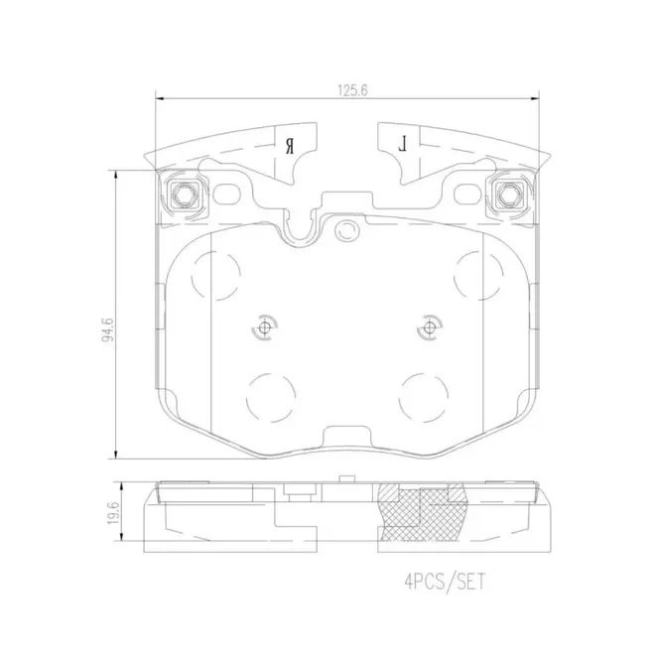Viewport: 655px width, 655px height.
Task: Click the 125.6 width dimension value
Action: click(x=352, y=90)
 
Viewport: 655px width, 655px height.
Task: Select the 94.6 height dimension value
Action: click(x=107, y=330)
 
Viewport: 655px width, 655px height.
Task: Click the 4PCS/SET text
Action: click(x=445, y=582)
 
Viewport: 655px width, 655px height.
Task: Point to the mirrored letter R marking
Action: click(x=290, y=146)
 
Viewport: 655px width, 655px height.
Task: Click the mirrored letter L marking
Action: click(x=403, y=143)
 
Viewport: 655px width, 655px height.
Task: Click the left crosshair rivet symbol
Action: click(x=264, y=327)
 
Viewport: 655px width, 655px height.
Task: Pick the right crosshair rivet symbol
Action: click(x=429, y=327)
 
